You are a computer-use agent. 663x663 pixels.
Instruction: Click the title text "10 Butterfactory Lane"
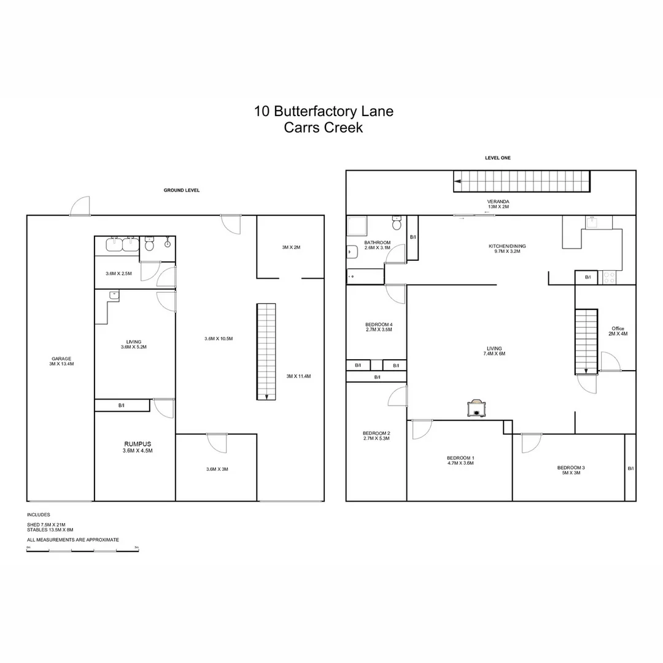[x=324, y=112]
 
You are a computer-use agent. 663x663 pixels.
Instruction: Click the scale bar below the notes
[x=82, y=551]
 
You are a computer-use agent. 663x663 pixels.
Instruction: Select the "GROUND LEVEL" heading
[x=181, y=190]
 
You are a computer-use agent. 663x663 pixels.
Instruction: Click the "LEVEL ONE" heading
[x=497, y=158]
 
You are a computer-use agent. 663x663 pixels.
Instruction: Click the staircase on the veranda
[x=522, y=182]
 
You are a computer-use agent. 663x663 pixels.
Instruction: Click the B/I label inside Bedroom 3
[x=630, y=468]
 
